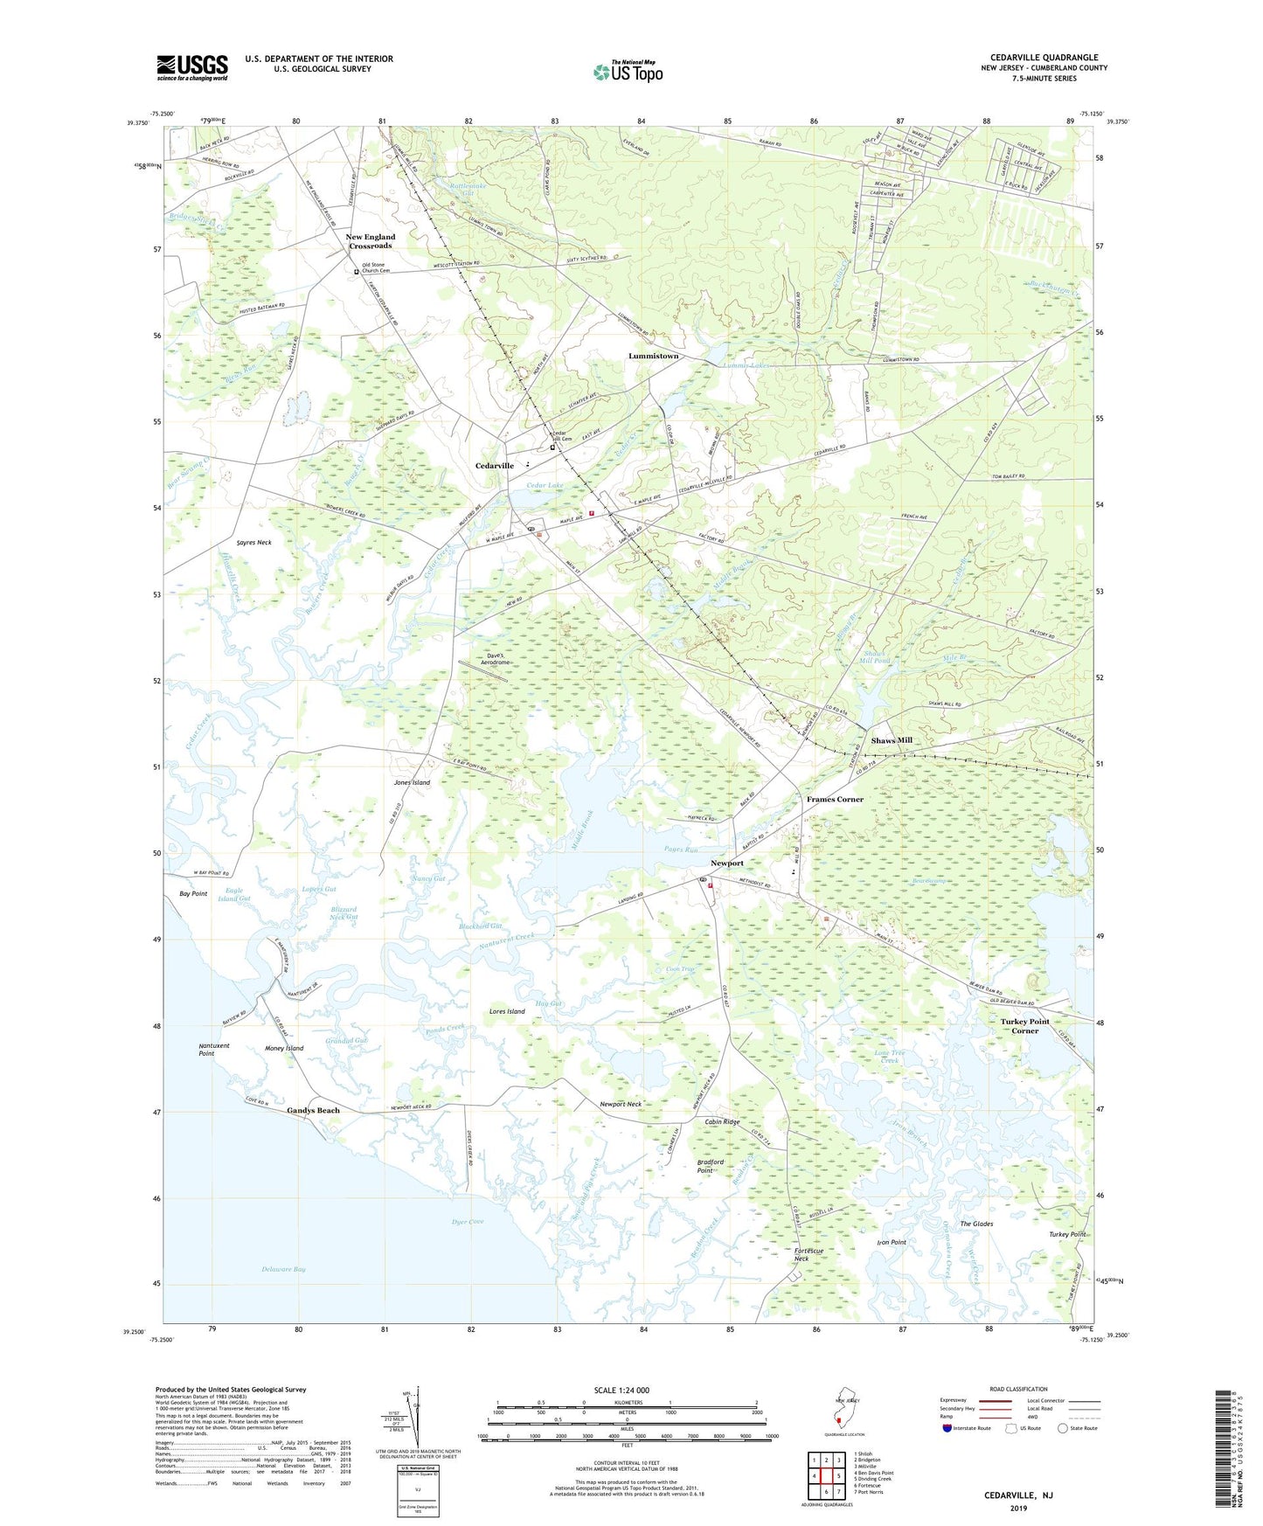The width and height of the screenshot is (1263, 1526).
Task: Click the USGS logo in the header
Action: point(192,67)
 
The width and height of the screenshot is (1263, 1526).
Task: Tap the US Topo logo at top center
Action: point(627,72)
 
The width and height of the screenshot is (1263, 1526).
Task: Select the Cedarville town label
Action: point(494,466)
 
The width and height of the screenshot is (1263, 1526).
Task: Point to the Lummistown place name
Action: point(653,356)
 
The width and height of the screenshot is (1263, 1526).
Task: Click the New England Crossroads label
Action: point(371,241)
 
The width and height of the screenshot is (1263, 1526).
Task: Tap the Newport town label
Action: point(726,864)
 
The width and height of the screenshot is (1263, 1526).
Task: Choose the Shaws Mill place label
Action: point(891,740)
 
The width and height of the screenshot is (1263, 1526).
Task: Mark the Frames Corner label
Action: point(834,799)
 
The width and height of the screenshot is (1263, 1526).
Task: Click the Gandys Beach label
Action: point(313,1110)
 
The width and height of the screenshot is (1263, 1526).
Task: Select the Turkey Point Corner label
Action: point(1024,1026)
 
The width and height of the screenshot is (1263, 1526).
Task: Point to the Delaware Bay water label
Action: point(283,1269)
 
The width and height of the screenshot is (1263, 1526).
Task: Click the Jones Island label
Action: point(412,782)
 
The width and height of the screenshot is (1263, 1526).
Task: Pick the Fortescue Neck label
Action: point(808,1254)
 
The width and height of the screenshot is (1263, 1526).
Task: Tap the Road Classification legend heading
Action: point(1018,1389)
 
